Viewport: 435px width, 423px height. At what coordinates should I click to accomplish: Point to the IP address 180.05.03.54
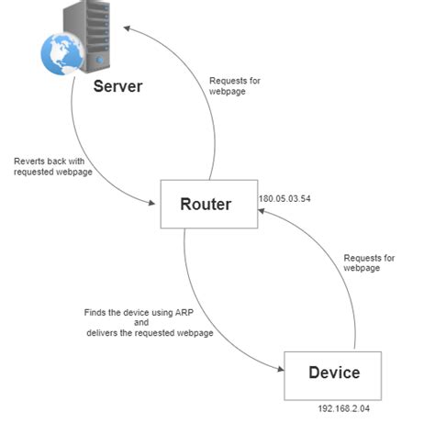point(284,198)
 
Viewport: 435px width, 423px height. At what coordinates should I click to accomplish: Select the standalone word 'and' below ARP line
point(140,323)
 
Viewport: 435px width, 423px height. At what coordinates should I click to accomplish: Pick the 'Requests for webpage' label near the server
point(234,87)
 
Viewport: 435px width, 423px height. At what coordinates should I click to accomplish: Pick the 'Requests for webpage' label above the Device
point(368,263)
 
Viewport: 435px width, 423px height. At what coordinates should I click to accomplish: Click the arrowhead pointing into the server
point(128,30)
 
